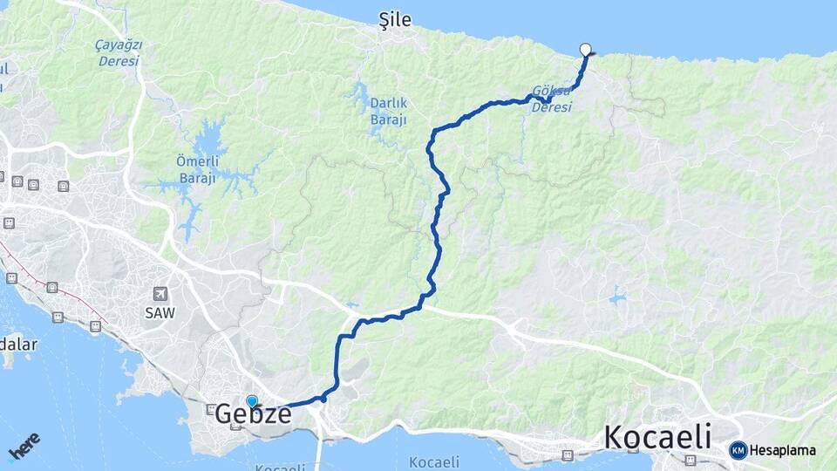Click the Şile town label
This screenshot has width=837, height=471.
point(395,19)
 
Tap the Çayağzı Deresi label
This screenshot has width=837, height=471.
point(119,51)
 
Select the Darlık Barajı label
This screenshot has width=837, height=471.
point(388,111)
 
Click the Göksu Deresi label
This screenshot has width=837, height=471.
point(552,99)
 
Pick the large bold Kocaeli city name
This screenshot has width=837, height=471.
point(657,437)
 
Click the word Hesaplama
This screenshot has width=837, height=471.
point(783,451)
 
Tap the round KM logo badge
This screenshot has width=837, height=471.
point(738,450)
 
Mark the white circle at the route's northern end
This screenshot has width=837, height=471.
point(585,50)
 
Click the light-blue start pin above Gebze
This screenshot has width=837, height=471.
point(252,401)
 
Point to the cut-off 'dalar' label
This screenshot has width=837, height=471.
point(17,344)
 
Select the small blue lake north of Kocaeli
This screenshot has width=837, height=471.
point(618,297)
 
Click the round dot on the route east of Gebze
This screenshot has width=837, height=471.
point(323,398)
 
